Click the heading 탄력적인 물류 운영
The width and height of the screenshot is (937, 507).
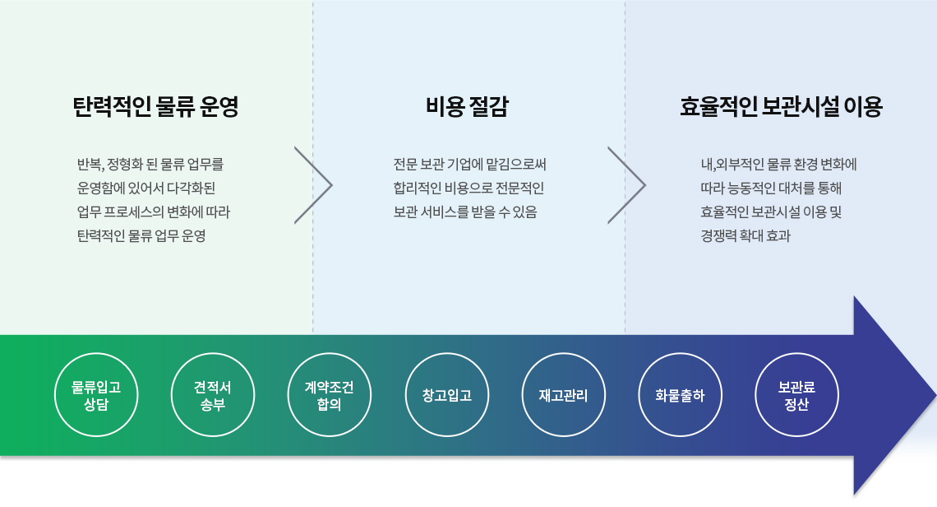tap(155, 106)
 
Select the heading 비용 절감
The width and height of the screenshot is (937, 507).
tap(468, 106)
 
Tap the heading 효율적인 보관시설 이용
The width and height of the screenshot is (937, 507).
tap(781, 106)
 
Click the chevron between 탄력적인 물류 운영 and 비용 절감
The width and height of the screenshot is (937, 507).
tap(331, 185)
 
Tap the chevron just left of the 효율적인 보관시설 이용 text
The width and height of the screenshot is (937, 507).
tap(644, 185)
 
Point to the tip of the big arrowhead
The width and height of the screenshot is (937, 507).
tap(936, 396)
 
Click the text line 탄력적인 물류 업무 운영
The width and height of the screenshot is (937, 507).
tap(141, 236)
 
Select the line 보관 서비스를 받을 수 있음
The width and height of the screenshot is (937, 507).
tap(465, 212)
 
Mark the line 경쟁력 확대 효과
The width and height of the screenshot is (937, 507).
tap(745, 236)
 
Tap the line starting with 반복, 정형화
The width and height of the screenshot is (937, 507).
tap(150, 164)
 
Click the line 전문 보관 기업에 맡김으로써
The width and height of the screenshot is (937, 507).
tap(469, 164)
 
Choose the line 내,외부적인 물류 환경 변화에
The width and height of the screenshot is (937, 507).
tap(778, 164)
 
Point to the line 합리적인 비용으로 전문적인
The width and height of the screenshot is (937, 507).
tap(468, 188)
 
